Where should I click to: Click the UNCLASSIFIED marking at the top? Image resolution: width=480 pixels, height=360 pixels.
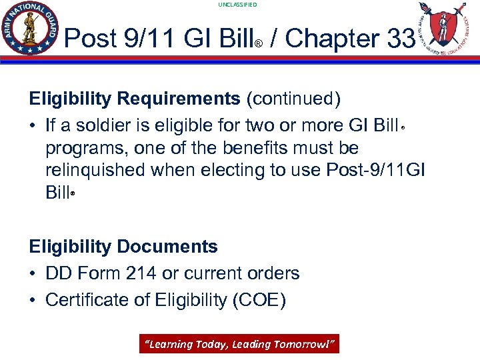237,5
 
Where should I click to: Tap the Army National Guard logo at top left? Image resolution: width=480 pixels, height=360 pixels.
31,28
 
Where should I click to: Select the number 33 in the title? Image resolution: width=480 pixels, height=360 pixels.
400,39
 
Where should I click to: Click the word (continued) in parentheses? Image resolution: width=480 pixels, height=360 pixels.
293,99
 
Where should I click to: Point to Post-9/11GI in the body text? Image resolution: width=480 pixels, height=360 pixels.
375,170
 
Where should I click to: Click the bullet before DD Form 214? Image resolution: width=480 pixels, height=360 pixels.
33,273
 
